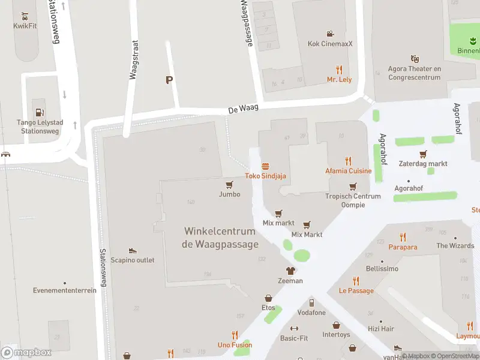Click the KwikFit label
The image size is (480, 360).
tap(25, 26)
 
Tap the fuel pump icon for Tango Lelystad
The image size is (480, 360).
tap(40, 112)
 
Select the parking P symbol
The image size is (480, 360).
tap(169, 80)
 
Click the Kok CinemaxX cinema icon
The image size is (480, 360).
tap(330, 34)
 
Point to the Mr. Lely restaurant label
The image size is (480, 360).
tap(339, 79)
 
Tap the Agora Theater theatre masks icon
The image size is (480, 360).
tap(415, 59)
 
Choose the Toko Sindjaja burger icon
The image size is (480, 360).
tap(265, 166)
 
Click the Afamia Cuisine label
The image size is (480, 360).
tap(348, 171)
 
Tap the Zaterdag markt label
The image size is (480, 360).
tap(424, 164)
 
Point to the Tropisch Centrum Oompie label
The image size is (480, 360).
tap(353, 200)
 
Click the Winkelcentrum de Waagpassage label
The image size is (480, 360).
tap(220, 238)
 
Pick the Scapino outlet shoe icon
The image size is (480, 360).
tap(132, 250)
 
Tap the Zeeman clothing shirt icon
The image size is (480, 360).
tap(290, 271)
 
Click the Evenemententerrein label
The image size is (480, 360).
tap(65, 290)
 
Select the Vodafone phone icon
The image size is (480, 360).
tap(311, 302)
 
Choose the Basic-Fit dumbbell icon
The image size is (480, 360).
tap(294, 328)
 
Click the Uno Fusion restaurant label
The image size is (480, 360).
tap(235, 345)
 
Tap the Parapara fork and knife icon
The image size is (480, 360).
tap(403, 237)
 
